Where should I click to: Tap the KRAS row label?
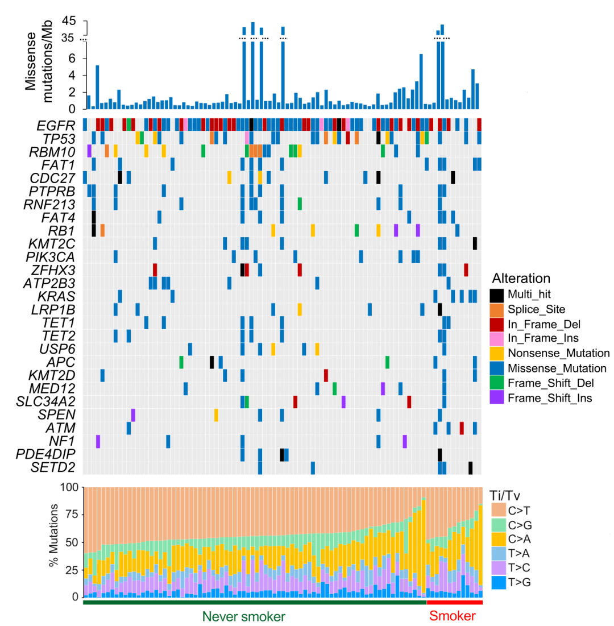60,296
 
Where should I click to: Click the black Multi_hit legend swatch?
496,295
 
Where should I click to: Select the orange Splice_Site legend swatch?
496,310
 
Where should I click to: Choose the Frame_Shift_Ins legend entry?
550,397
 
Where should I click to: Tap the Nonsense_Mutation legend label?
558,353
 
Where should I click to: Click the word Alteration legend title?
521,279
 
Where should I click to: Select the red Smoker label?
452,616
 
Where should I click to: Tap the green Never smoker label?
244,616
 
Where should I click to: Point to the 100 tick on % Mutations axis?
68,487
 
